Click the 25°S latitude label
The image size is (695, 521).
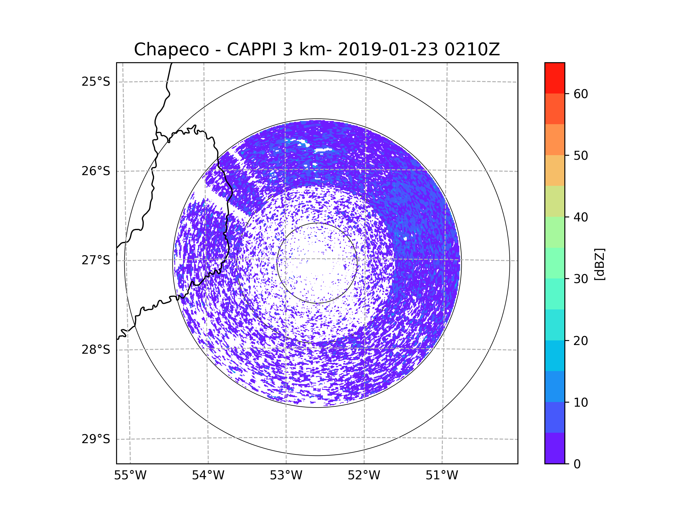click(x=96, y=82)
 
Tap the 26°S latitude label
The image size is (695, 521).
click(x=96, y=171)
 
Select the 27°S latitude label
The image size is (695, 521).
click(x=96, y=260)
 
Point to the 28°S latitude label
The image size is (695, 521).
click(x=96, y=350)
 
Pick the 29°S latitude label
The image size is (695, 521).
click(x=96, y=439)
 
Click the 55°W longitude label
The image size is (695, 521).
click(x=130, y=476)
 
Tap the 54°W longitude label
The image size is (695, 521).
click(x=208, y=476)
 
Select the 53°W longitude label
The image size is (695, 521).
click(x=286, y=476)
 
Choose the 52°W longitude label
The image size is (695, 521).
click(x=364, y=476)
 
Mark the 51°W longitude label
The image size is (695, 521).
click(x=442, y=476)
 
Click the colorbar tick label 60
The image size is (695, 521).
click(x=581, y=94)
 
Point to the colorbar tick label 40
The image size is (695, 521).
click(x=581, y=217)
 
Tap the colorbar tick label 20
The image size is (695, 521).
click(x=581, y=341)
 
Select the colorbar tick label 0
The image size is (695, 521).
click(x=577, y=464)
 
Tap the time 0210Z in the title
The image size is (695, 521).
click(x=472, y=49)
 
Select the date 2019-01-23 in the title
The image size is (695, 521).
click(x=388, y=49)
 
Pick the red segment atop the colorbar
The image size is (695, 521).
click(x=555, y=78)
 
